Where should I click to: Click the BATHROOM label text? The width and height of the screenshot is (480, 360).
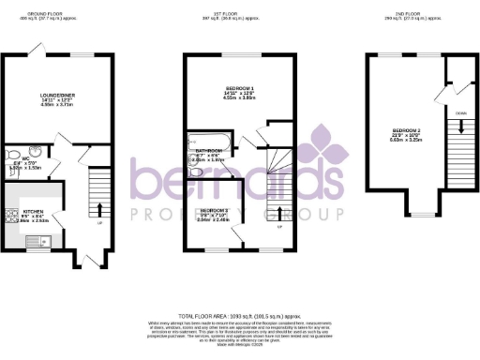click(208, 151)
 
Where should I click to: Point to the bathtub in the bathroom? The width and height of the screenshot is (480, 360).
click(192, 158)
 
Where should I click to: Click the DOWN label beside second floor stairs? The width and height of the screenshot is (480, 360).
click(458, 112)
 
